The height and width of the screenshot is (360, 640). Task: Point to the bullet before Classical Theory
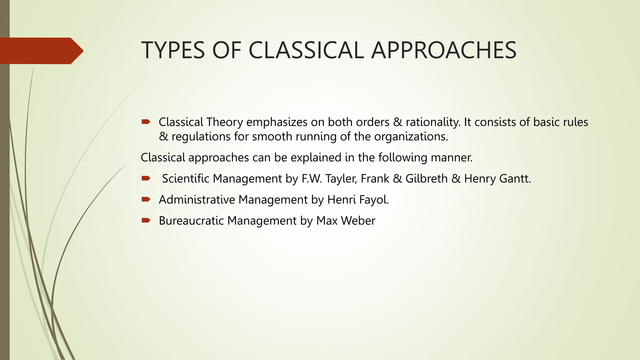[146, 122]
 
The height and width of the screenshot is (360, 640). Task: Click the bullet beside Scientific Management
[146, 178]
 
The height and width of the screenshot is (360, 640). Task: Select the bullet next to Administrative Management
[146, 199]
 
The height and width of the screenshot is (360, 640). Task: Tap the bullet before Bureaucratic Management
[146, 221]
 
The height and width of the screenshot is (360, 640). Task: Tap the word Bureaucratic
[191, 221]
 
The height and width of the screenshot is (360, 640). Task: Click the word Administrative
[197, 200]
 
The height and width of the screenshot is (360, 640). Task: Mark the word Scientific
[186, 179]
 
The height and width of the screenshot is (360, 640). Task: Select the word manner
[452, 157]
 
